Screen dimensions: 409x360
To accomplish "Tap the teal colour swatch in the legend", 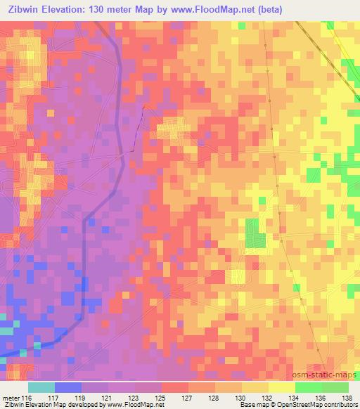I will point(41,387).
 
